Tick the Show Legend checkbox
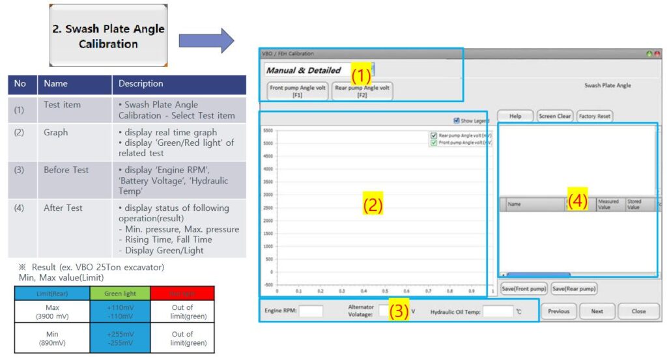tap(456, 120)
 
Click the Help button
tap(515, 117)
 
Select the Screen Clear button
tap(555, 117)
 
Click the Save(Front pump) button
tap(523, 288)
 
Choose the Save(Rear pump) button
tap(574, 288)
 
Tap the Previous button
tap(558, 311)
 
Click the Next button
tap(597, 311)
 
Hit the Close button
tap(638, 311)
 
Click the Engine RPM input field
tap(311, 311)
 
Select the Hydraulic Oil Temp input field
tap(498, 311)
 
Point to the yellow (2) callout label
tap(373, 206)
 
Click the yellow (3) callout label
tap(399, 311)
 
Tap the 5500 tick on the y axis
tap(268, 130)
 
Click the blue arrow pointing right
tap(206, 40)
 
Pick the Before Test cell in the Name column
tap(66, 170)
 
